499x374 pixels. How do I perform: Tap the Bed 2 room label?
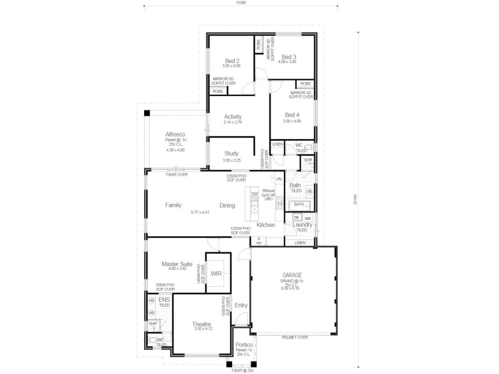(233, 60)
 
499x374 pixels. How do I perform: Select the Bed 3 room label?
(288, 57)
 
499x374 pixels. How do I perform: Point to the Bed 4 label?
(292, 115)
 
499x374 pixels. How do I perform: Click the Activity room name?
(233, 117)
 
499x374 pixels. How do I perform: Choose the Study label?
(231, 153)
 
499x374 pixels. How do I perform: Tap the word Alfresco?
(175, 134)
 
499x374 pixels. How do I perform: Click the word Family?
(173, 204)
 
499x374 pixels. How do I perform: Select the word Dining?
(228, 204)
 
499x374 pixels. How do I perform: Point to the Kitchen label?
(266, 224)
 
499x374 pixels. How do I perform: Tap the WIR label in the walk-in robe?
(216, 273)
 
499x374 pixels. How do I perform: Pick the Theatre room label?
(202, 324)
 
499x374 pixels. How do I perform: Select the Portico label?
(244, 344)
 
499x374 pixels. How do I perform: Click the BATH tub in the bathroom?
(299, 204)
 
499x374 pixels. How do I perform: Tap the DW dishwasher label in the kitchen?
(254, 194)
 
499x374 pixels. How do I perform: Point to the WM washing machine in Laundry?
(308, 218)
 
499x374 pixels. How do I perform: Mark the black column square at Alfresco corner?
(147, 113)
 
